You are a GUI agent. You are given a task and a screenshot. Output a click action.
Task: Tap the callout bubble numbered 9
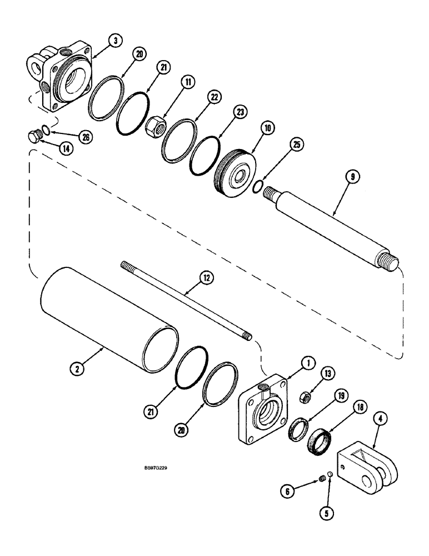[353, 177]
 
